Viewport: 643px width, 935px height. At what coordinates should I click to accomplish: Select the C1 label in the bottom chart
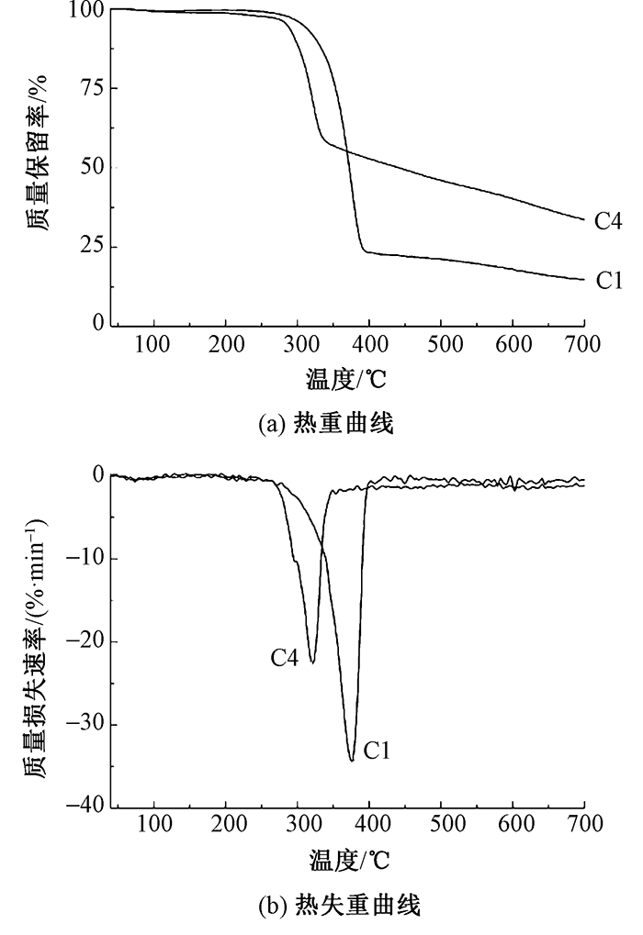pos(378,751)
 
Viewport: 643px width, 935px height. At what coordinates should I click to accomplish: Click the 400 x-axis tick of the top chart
pos(368,345)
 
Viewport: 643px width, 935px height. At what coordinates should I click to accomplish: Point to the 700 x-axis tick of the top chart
pos(584,345)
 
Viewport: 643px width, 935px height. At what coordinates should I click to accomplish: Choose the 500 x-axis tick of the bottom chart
pos(441,823)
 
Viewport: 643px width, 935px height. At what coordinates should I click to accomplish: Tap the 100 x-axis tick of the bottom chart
pos(153,823)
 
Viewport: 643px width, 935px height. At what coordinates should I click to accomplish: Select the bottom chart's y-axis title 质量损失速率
pos(38,642)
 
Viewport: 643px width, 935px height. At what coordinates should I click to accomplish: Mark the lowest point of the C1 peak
pos(352,761)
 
